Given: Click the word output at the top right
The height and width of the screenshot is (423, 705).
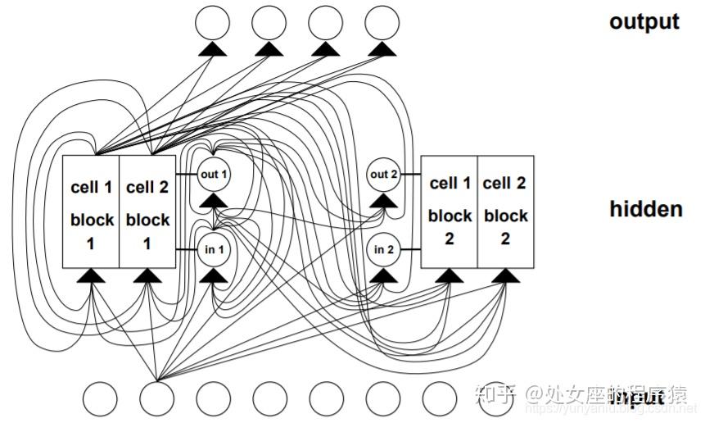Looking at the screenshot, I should tap(644, 22).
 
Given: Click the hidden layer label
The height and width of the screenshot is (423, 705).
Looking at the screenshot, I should tap(645, 209).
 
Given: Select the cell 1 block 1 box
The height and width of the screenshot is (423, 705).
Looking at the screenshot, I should tap(92, 211).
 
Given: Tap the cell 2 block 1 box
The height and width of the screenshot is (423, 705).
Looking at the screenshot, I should tap(148, 211).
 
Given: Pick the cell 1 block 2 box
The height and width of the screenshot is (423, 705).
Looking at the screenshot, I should tap(450, 211).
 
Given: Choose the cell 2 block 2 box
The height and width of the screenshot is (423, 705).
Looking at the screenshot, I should tap(504, 211).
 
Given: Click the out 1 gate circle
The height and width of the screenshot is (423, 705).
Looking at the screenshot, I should tap(213, 175).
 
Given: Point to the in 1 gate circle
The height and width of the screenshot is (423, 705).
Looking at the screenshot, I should tap(213, 248).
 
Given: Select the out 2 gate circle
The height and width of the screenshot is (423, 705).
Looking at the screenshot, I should tap(383, 175).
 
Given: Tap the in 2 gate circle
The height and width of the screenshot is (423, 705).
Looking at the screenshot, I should tap(383, 248).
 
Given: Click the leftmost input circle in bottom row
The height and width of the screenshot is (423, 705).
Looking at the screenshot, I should tap(99, 399).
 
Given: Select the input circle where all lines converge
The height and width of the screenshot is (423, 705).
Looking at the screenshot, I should tap(156, 399).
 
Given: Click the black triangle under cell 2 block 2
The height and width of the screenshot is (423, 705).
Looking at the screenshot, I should tap(505, 275).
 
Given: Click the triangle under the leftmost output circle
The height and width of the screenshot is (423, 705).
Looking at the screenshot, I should tap(211, 51).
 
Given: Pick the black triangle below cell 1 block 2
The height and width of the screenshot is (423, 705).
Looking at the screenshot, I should tap(448, 275).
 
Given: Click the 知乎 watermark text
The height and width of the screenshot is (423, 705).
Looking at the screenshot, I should tap(503, 396).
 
